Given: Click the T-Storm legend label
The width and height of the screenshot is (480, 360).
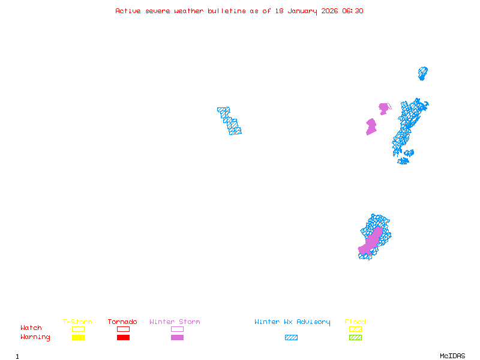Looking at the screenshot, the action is (77, 322).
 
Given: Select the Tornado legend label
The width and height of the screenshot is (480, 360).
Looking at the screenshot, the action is (122, 322).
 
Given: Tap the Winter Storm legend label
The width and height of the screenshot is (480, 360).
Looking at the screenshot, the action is (175, 322).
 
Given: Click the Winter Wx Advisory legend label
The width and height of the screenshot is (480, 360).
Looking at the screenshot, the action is (292, 322).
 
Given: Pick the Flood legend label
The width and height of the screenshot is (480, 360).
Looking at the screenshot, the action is (355, 322).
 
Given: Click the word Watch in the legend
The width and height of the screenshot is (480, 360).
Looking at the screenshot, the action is (31, 328).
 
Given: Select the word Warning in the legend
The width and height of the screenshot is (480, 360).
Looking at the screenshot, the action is (35, 337).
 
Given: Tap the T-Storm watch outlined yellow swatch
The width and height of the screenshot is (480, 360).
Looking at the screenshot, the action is (78, 329).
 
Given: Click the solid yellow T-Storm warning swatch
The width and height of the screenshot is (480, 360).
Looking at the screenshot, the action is (78, 338).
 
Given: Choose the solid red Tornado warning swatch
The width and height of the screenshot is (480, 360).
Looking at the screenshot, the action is (123, 338).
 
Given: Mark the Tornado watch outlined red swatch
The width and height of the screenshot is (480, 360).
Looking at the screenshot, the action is (123, 329).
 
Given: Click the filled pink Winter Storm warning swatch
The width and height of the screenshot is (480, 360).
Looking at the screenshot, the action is (177, 338).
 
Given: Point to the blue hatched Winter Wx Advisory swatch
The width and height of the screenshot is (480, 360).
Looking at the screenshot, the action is (291, 338).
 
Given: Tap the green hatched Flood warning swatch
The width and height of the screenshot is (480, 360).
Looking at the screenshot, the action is (355, 338).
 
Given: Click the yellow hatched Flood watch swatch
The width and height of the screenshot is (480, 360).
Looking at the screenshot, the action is (355, 329).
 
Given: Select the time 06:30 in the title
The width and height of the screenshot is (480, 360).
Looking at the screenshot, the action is (352, 11).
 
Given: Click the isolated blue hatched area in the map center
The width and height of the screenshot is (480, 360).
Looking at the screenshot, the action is (229, 121).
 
